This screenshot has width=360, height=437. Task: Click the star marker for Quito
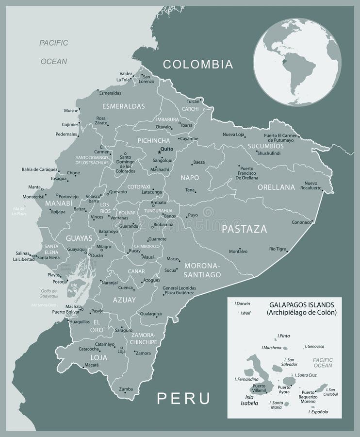pos(159,152)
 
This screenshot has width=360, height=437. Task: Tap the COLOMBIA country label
pos(198,64)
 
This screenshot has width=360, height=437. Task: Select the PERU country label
pos(184,398)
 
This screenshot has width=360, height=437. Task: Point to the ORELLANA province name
pos(276,187)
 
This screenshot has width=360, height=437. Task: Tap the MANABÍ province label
pos(59,203)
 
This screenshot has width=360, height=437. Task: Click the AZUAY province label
pos(124,300)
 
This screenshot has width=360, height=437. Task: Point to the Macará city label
pos(84,364)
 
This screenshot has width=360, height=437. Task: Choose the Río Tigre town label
pos(277,249)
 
